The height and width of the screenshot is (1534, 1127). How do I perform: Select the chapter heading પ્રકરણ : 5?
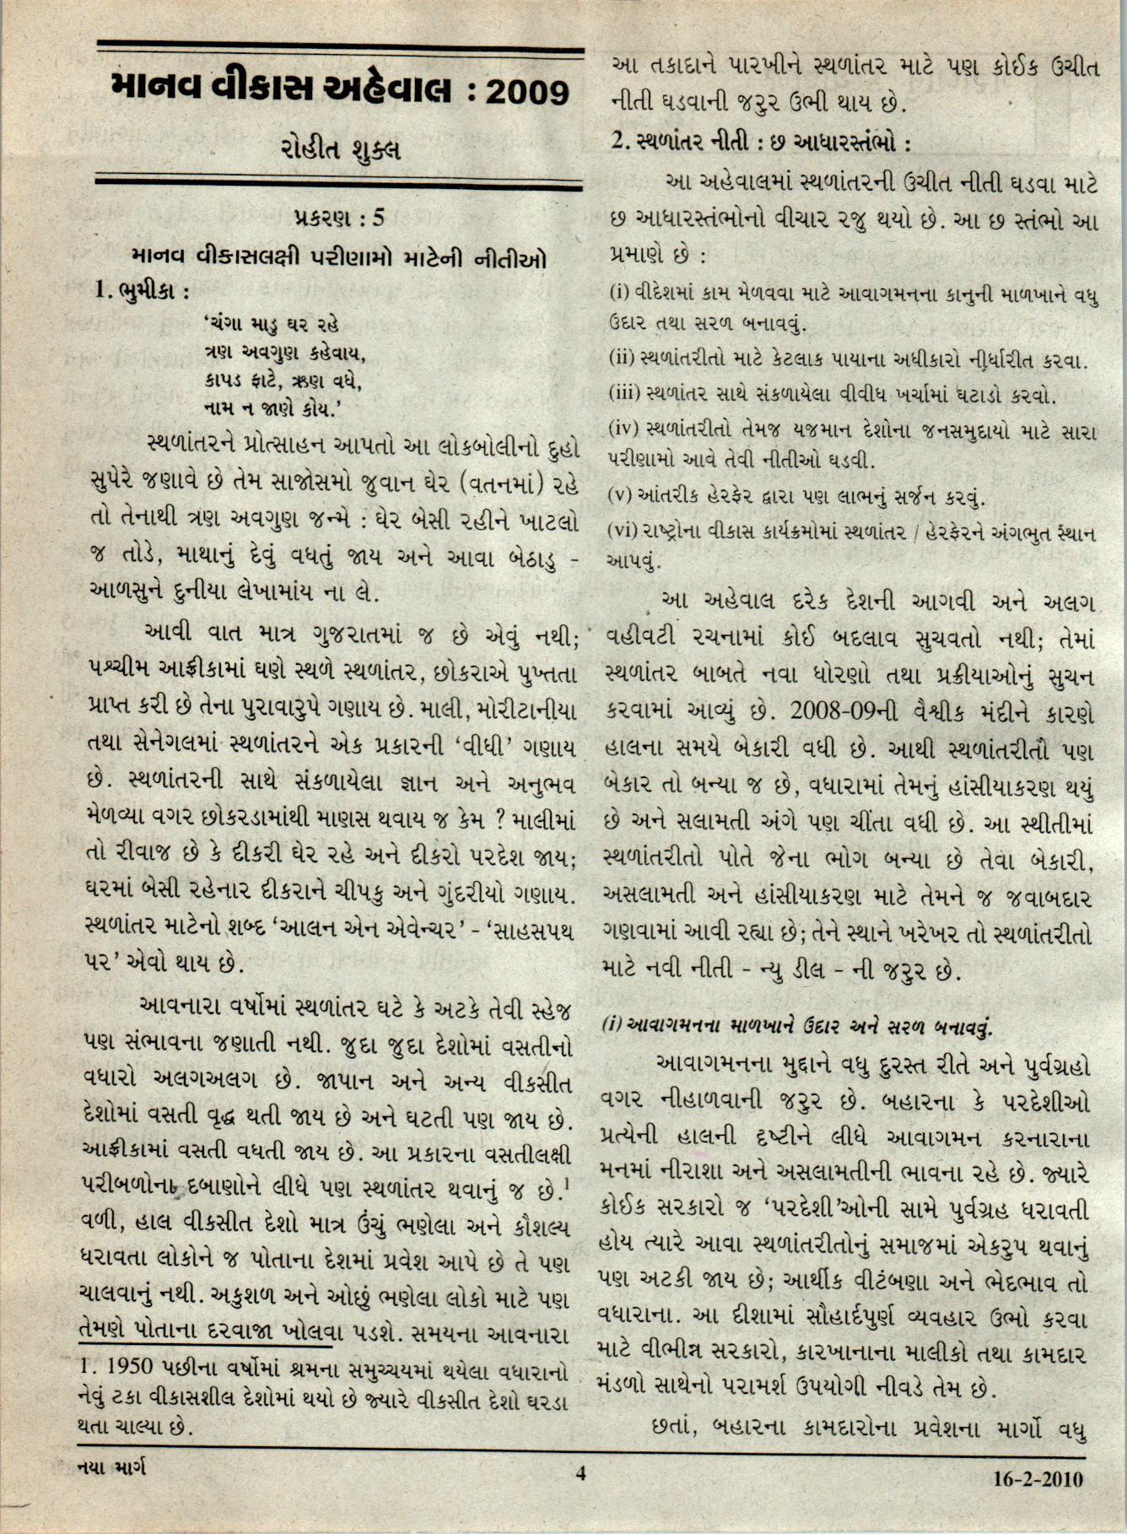339,218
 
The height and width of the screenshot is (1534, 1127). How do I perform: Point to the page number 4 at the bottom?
580,1473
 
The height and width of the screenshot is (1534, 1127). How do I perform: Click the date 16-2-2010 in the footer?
1038,1478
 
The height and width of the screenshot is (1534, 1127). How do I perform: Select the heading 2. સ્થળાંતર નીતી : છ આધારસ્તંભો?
761,142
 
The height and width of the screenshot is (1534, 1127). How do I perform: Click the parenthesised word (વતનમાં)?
504,485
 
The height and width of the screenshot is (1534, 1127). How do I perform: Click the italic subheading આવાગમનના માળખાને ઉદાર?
798,1027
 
